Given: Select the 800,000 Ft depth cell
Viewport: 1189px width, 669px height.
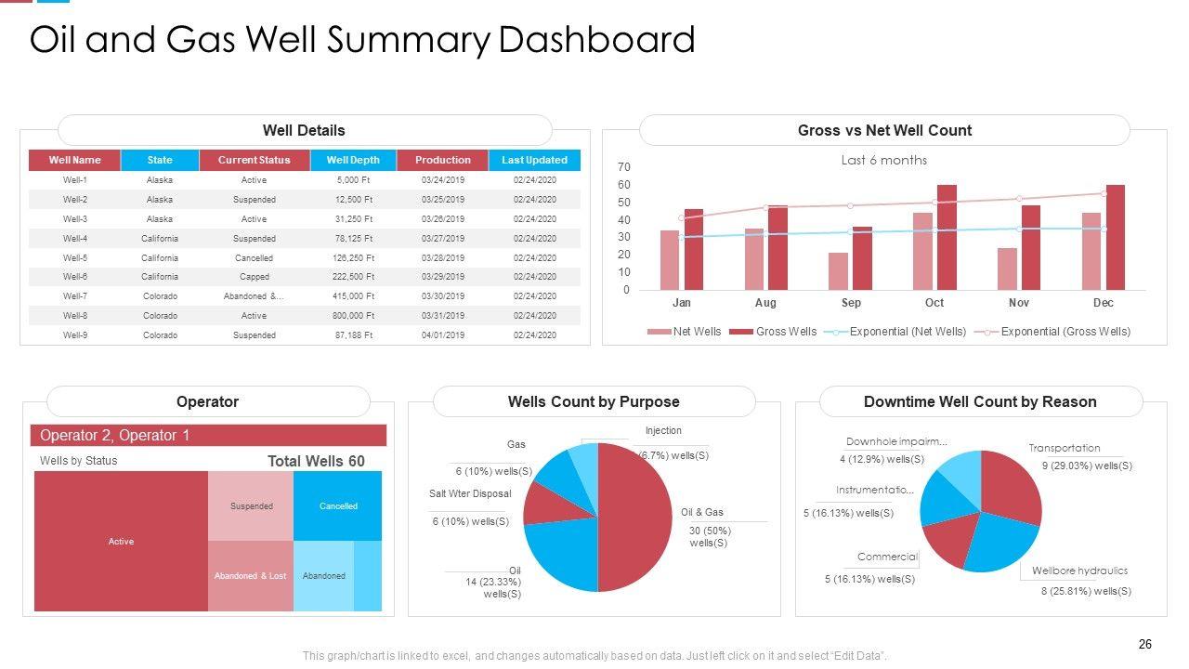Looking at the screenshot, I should point(353,316).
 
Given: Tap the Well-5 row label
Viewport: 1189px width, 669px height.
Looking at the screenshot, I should point(75,258).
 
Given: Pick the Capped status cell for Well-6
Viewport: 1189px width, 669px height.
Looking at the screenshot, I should point(254,277).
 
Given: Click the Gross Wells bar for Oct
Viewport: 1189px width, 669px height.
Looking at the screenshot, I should point(947,237).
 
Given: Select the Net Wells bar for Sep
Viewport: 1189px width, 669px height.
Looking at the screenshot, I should point(838,271).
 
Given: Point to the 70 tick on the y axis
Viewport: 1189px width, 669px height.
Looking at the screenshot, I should point(624,167).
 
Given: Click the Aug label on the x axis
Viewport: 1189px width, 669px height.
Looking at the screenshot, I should point(765,303).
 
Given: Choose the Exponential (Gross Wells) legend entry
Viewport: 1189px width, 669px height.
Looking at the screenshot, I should point(1065,332).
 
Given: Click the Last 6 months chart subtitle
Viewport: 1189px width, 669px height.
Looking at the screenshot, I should point(883,160).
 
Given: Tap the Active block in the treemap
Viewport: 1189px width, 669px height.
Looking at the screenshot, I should point(121,541).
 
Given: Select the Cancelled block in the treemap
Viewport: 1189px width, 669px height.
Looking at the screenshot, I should point(338,506).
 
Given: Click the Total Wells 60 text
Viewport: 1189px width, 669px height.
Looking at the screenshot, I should point(316,461).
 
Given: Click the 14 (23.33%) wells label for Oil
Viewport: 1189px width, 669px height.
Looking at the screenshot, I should point(493,587).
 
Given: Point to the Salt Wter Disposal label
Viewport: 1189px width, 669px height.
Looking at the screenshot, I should point(470,493).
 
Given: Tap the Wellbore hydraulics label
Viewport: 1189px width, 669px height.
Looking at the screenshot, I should point(1079,571).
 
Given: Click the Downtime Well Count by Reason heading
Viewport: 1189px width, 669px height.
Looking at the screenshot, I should point(980,402).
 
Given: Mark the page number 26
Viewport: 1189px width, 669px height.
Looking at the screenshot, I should point(1144,645).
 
